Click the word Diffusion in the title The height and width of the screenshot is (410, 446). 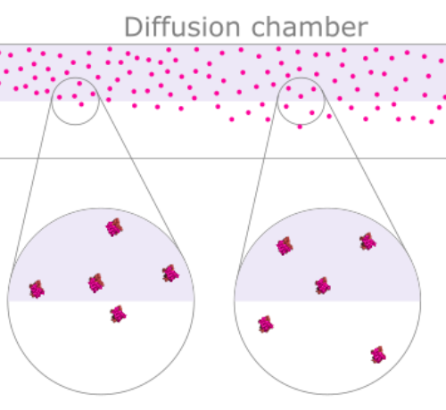[x=182, y=27]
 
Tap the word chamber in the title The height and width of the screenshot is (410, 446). [x=310, y=27]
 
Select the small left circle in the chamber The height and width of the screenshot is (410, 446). [x=52, y=101]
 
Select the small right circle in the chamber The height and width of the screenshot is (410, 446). [x=277, y=101]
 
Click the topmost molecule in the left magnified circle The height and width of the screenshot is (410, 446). [x=114, y=227]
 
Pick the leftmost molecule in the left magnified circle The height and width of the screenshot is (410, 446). [x=37, y=290]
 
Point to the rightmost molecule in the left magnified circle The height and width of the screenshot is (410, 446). [x=170, y=274]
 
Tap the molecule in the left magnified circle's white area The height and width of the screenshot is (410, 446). [x=118, y=314]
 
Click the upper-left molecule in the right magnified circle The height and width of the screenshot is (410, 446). [x=285, y=246]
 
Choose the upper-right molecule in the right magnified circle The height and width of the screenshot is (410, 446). [x=368, y=242]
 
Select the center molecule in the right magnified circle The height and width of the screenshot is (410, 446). [x=323, y=286]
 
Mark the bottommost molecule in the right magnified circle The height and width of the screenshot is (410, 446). [x=378, y=355]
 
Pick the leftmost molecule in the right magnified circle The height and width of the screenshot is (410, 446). [x=266, y=324]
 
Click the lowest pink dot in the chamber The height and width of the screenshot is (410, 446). [x=300, y=127]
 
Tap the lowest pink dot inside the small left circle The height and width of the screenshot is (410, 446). [x=81, y=104]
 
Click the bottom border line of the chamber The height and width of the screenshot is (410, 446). [x=223, y=159]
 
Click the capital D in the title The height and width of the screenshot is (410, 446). [x=132, y=27]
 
